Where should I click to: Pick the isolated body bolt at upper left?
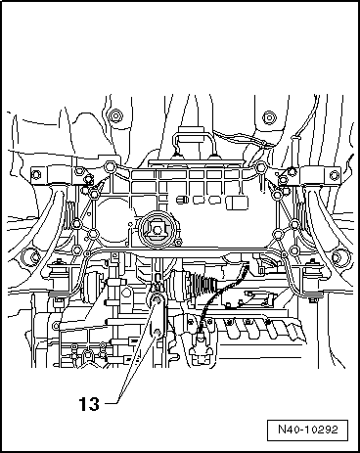pos(116,117)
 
